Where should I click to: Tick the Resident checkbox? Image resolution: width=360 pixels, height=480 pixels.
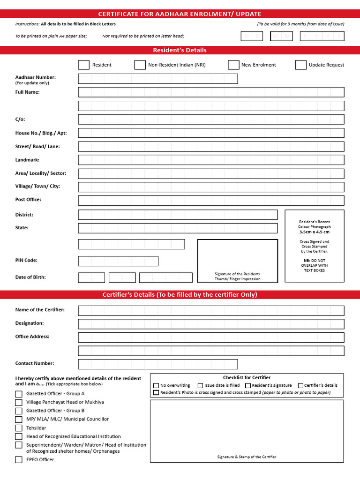point(83,65)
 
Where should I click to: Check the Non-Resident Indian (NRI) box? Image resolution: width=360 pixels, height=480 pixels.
point(140,65)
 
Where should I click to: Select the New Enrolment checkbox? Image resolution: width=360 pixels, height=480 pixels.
point(234,65)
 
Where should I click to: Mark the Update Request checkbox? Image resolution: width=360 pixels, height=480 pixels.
point(301,65)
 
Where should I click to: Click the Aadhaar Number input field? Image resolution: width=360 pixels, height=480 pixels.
point(158,79)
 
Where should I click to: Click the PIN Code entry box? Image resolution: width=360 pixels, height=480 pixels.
point(118,261)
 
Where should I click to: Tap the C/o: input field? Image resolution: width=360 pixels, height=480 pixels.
point(211,120)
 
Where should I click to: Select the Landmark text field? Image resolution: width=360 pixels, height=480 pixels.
point(211,160)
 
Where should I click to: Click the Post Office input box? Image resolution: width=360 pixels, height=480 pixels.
point(211,201)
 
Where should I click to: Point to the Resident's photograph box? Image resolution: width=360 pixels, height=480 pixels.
point(315,246)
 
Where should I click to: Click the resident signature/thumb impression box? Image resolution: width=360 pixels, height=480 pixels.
point(237,261)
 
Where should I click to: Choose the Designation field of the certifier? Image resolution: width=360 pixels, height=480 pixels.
point(211,324)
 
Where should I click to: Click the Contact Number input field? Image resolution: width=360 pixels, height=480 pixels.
point(158,364)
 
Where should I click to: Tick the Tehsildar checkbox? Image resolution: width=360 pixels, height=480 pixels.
point(19,428)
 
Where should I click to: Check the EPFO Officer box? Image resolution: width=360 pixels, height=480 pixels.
point(19,460)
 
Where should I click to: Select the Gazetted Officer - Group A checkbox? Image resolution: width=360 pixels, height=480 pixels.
point(19,394)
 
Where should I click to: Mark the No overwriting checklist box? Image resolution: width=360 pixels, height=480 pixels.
point(157,385)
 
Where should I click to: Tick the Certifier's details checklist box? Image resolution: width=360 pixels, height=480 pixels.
point(300,385)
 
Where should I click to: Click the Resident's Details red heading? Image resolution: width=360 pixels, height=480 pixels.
point(180,50)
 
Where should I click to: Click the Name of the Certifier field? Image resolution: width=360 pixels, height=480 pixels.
point(211,311)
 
